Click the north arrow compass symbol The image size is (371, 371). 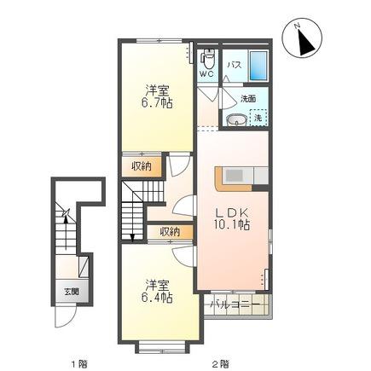coord(302,38)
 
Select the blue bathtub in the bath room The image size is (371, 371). coord(258,66)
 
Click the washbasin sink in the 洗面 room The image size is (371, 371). coord(236,120)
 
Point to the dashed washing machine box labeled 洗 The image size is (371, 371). coord(258,118)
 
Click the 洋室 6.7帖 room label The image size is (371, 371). coord(157,96)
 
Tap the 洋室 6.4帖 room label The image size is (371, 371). coord(157,291)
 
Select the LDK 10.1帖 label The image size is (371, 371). coord(232,218)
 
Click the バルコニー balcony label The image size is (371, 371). coord(235,305)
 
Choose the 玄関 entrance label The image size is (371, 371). coord(72,292)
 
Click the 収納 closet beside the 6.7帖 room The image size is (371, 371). coord(142,166)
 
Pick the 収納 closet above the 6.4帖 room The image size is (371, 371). coord(170,232)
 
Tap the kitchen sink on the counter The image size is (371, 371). coord(234,175)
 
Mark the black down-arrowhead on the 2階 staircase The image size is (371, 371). coord(132,238)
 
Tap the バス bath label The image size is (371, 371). coord(235,65)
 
